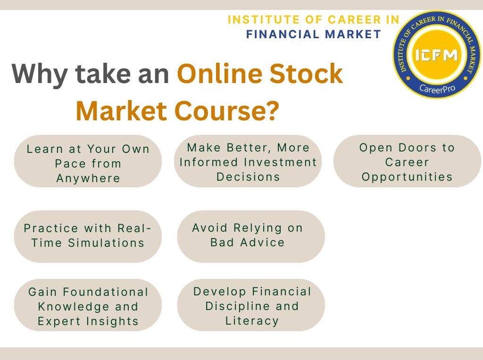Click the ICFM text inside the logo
(436, 56)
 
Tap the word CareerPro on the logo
(436, 88)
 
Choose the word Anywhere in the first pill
(88, 178)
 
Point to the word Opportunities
(407, 177)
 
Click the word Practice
(51, 228)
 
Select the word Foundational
(106, 292)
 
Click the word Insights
(112, 321)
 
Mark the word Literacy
(252, 321)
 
